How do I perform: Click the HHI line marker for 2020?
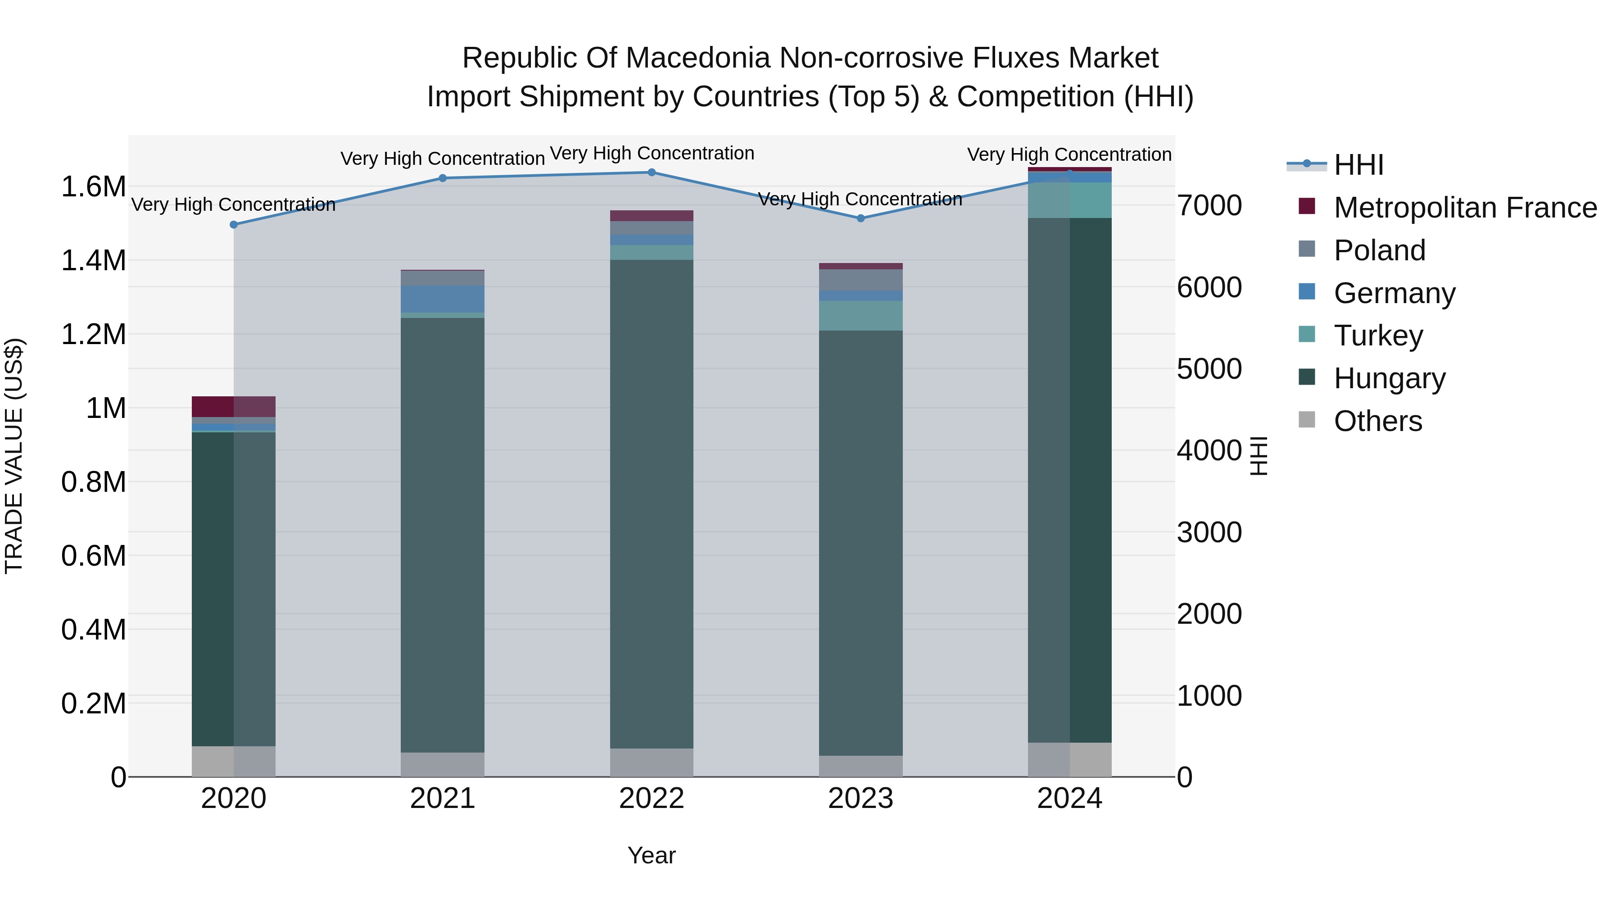[233, 225]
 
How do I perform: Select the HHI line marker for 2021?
[442, 178]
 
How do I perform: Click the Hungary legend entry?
[1390, 378]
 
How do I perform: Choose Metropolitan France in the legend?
[1465, 208]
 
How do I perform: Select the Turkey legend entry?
[1378, 336]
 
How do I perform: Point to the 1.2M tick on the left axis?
[93, 334]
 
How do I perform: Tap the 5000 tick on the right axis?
[1209, 369]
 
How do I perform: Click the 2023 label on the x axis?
[860, 799]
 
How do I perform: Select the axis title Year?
[651, 855]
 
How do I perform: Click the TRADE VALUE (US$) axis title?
[14, 456]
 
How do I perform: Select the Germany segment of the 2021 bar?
[442, 299]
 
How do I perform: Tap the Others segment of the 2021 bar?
[442, 764]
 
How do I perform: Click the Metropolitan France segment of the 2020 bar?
[233, 407]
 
